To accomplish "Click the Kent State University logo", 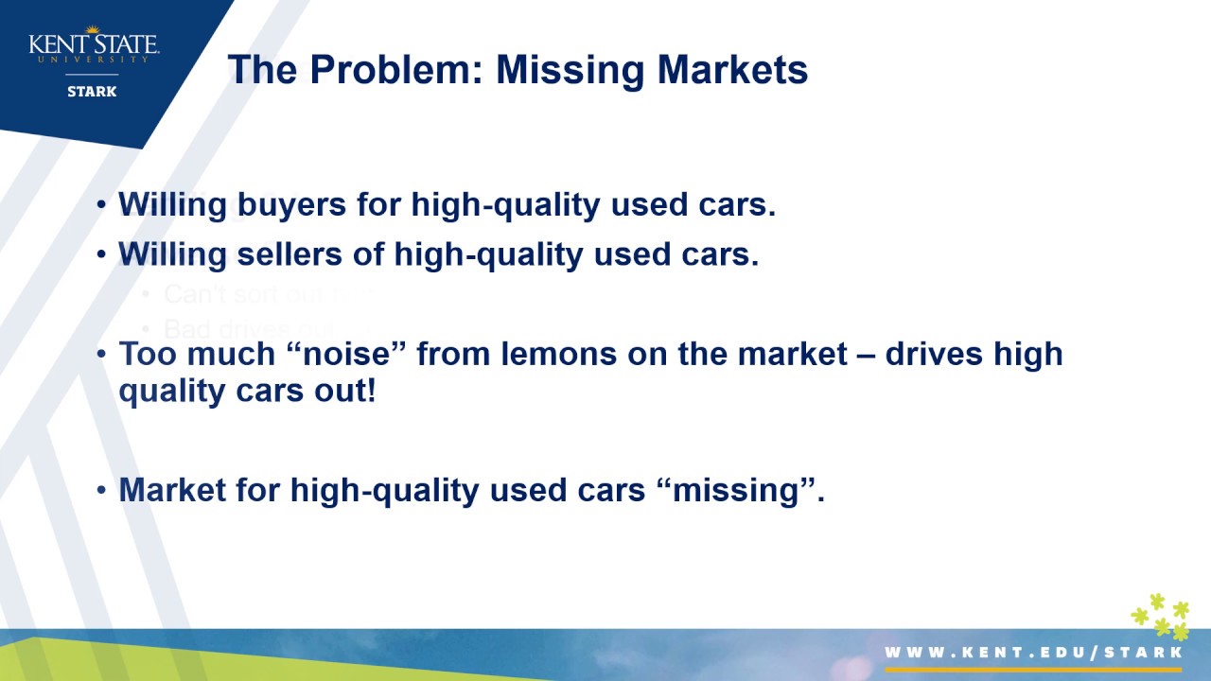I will tap(93, 45).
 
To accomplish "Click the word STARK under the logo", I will tap(92, 92).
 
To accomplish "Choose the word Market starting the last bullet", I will tap(172, 490).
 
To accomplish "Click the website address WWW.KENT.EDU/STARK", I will tap(1033, 653).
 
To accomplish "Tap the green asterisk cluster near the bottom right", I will tap(1161, 617).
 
